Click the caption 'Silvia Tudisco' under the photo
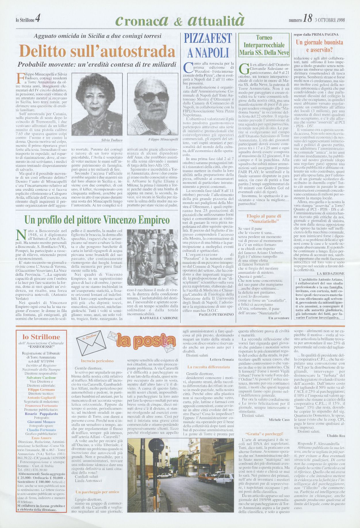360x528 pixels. click(x=112, y=140)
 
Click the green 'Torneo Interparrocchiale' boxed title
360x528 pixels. click(x=264, y=45)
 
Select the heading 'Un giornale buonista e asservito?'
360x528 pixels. click(x=319, y=46)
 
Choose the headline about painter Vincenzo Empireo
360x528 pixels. click(x=97, y=220)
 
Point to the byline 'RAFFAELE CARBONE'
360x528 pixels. click(x=159, y=318)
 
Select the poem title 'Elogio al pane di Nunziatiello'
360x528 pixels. click(x=264, y=219)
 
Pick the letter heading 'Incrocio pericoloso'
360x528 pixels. click(x=97, y=361)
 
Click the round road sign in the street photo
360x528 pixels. click(x=156, y=445)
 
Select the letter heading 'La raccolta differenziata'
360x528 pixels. click(x=208, y=367)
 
